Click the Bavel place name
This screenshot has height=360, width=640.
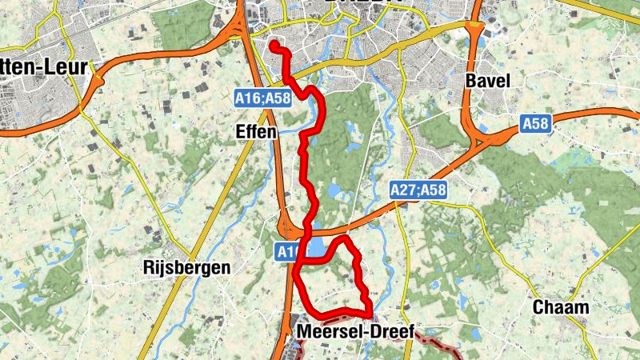tap(487, 82)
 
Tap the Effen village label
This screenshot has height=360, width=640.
tap(256, 131)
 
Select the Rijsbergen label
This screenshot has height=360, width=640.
tap(185, 267)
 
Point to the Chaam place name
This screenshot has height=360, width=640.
tap(560, 307)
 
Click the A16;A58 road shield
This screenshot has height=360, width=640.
tap(262, 98)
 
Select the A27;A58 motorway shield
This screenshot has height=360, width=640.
tap(418, 190)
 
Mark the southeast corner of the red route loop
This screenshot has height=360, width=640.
tap(369, 312)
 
